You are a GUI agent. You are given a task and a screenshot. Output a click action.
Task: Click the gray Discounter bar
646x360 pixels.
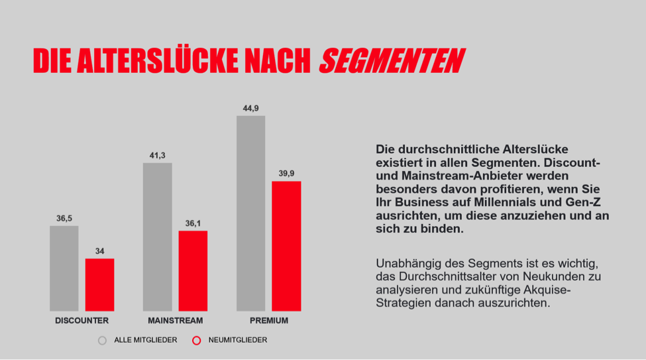tap(64, 269)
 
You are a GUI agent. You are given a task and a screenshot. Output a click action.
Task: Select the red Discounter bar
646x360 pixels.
tap(99, 284)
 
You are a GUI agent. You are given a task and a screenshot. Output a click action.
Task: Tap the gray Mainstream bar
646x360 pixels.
tap(157, 237)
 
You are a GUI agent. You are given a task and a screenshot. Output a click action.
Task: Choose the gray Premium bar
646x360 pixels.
tap(250, 213)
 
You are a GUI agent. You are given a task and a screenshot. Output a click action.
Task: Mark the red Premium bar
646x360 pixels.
tap(286, 246)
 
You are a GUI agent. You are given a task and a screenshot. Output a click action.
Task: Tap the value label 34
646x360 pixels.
tap(99, 251)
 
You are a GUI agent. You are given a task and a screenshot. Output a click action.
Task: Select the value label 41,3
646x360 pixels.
tap(157, 155)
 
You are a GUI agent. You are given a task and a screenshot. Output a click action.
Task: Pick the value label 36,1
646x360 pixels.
tap(193, 223)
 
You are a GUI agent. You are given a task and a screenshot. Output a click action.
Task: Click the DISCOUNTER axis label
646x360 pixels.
tap(82, 321)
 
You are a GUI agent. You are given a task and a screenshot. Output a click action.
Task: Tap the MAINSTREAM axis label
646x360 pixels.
tap(175, 321)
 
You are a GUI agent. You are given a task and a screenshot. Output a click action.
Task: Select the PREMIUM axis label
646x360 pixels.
tap(268, 321)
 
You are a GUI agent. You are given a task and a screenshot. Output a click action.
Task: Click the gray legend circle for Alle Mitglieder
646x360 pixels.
tap(102, 340)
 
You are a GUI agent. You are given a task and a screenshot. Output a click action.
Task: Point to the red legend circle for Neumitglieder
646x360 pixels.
tap(196, 340)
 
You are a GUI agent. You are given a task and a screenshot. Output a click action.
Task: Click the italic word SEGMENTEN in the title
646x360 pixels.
tap(391, 61)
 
